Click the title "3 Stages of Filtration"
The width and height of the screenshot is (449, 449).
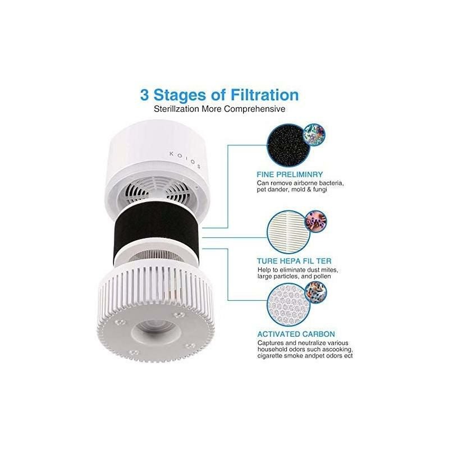pyautogui.click(x=219, y=94)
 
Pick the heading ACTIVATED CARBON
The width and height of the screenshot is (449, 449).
pyautogui.click(x=296, y=333)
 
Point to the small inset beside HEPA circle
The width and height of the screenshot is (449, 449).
pyautogui.click(x=315, y=221)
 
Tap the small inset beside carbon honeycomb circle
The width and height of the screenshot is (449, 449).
pyautogui.click(x=315, y=292)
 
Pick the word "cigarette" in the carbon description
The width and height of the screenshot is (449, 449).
pyautogui.click(x=274, y=355)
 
